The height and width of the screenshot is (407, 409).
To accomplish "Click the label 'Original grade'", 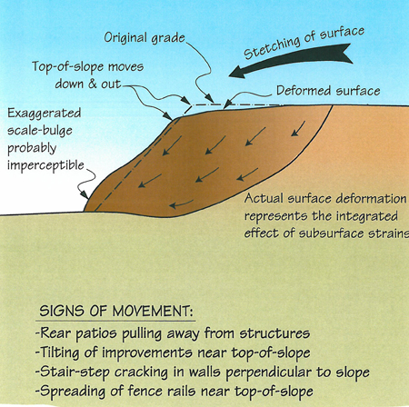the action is [x=145, y=38].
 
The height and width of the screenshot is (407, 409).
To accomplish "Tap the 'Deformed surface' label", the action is [x=328, y=91].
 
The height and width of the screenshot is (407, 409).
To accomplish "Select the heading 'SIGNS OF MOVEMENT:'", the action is [x=116, y=311].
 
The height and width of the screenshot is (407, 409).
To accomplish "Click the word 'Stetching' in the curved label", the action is [x=272, y=48].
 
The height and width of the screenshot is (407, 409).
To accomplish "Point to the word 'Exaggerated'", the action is [x=45, y=114].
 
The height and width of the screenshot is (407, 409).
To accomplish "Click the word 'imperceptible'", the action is [x=45, y=165].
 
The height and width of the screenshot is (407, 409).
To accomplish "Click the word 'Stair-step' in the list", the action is [x=75, y=372].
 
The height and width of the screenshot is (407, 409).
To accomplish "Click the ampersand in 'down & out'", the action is [x=93, y=84].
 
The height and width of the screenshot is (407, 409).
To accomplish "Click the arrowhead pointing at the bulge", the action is [x=84, y=194].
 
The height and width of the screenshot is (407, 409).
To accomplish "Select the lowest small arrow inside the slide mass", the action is [x=181, y=204].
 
